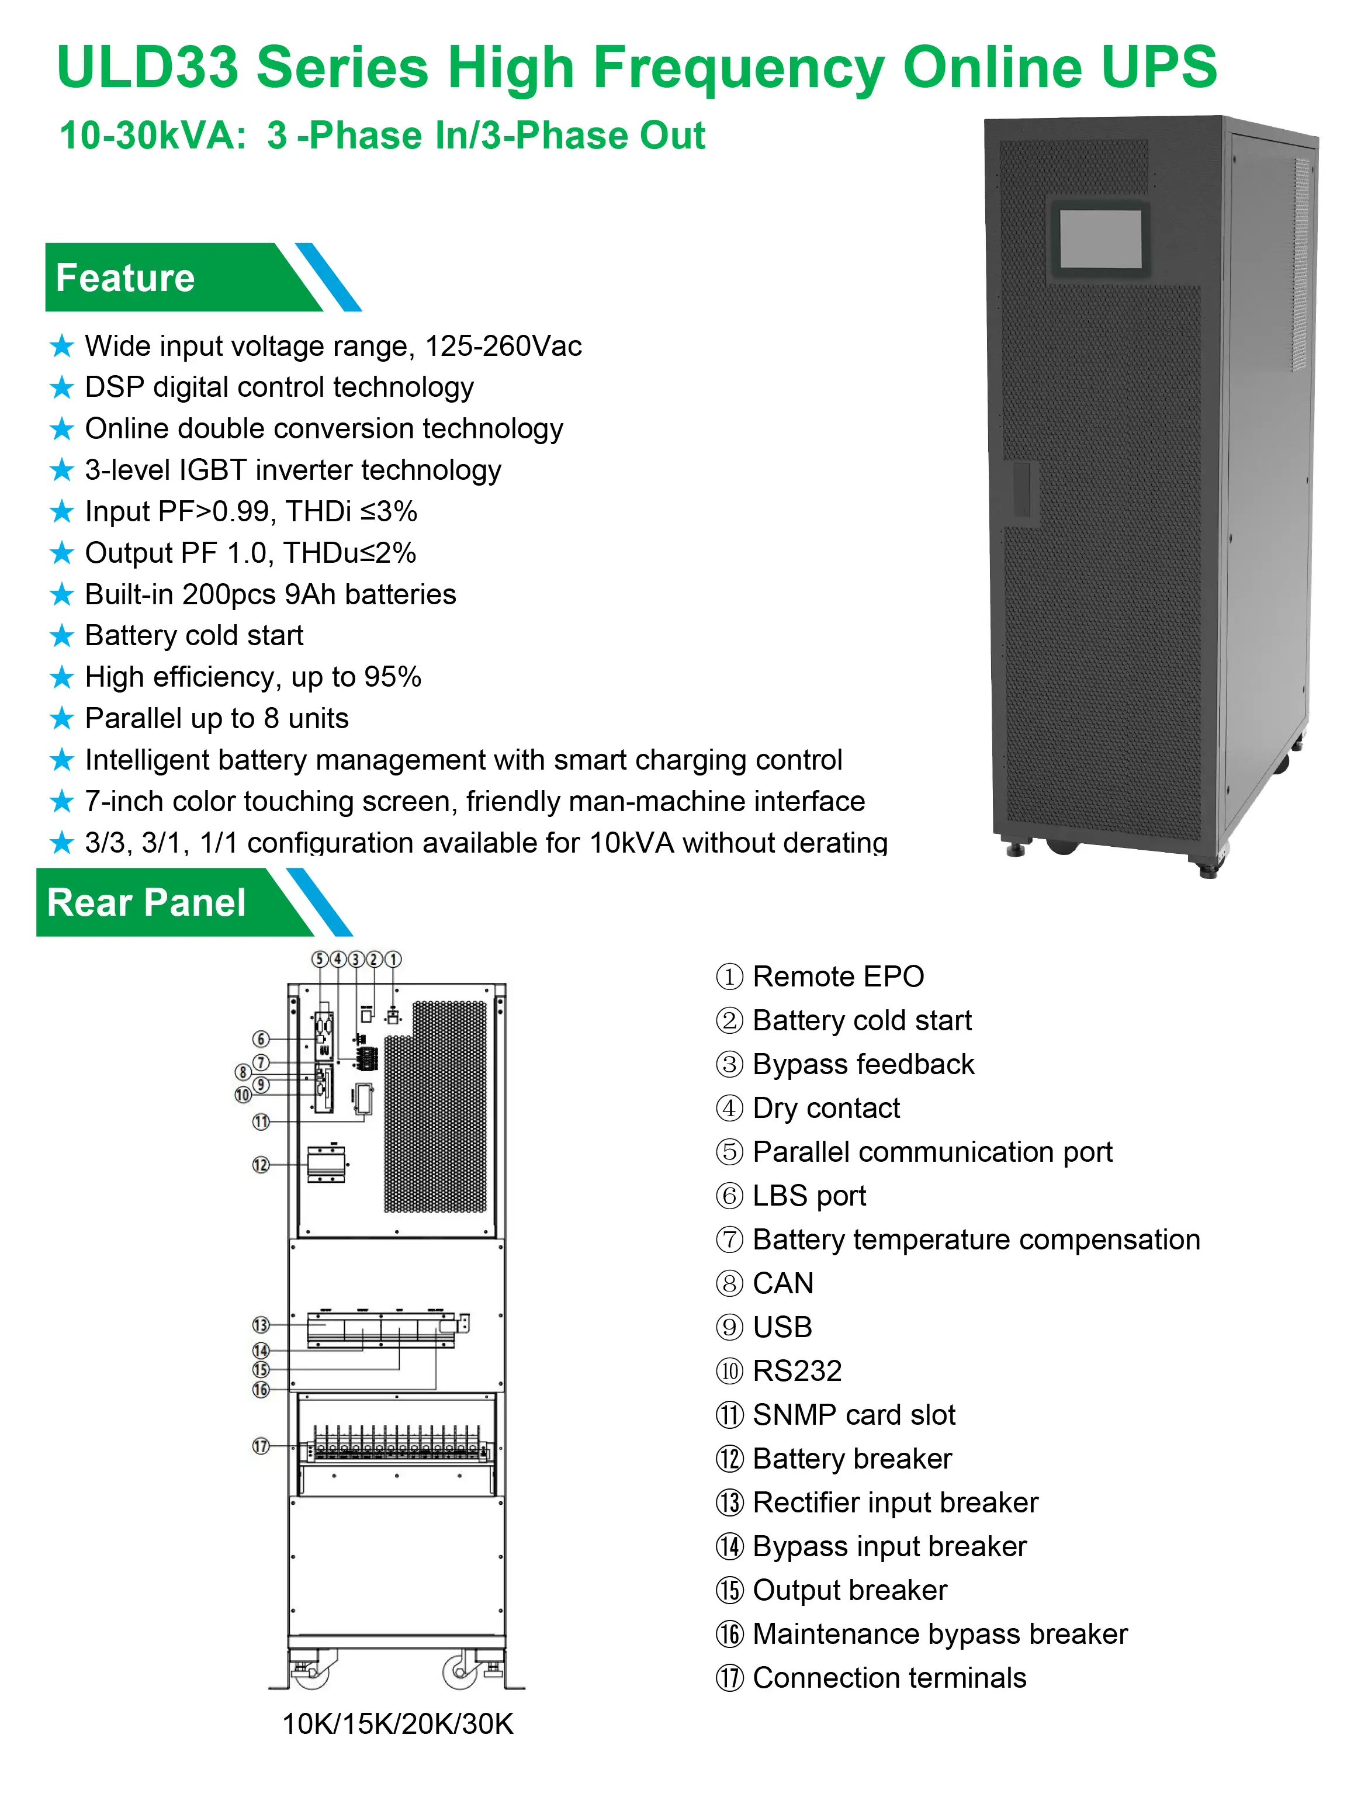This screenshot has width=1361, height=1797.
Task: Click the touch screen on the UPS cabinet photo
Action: point(1101,240)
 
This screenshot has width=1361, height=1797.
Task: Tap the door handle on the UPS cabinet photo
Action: point(1021,491)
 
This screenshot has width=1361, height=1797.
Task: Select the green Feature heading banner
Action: point(162,278)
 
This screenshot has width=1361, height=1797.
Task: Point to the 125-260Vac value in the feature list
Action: point(503,346)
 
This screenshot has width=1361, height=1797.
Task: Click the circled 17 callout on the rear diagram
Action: point(261,1446)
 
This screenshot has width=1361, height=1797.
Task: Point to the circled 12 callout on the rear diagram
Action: point(261,1165)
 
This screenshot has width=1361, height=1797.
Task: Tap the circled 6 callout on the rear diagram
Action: point(261,1039)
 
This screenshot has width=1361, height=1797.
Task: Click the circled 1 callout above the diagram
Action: point(393,960)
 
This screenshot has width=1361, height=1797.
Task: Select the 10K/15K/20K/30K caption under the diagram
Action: point(397,1724)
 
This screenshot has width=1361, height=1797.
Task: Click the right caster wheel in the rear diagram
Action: point(460,1672)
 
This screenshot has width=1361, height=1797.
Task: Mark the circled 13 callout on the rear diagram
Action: point(261,1325)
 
